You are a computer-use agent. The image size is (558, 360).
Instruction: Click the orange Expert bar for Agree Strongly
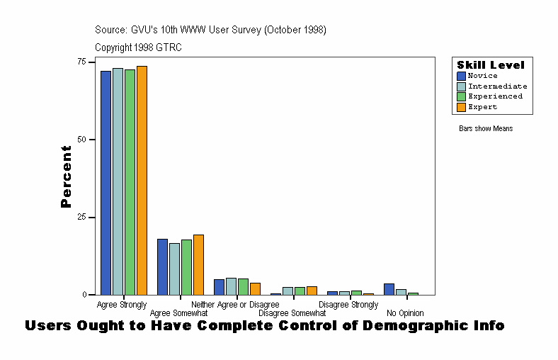coord(142,180)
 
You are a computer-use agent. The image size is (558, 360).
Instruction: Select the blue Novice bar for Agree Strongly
coord(106,183)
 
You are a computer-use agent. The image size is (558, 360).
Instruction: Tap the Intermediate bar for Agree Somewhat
coord(174,269)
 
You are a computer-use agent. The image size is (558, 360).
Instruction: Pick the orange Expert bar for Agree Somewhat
coord(198,264)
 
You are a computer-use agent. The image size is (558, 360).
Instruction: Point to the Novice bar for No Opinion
coord(389,289)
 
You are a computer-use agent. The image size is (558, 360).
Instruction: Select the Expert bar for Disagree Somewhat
coord(312,291)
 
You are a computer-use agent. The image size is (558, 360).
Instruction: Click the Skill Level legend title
coord(491,65)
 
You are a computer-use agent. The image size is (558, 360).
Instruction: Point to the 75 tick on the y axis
coord(82,62)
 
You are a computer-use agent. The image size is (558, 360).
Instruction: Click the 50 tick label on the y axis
coord(82,140)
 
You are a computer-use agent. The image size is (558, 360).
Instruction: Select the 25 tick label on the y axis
coord(82,217)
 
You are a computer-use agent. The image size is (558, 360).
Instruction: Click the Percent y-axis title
coord(67,176)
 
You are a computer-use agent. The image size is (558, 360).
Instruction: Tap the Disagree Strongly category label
coord(348,305)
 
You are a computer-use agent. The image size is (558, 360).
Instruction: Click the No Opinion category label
coord(405,313)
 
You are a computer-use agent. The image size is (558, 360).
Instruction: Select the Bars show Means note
coord(486,128)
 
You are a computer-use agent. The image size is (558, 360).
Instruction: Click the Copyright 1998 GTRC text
coord(138,47)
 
